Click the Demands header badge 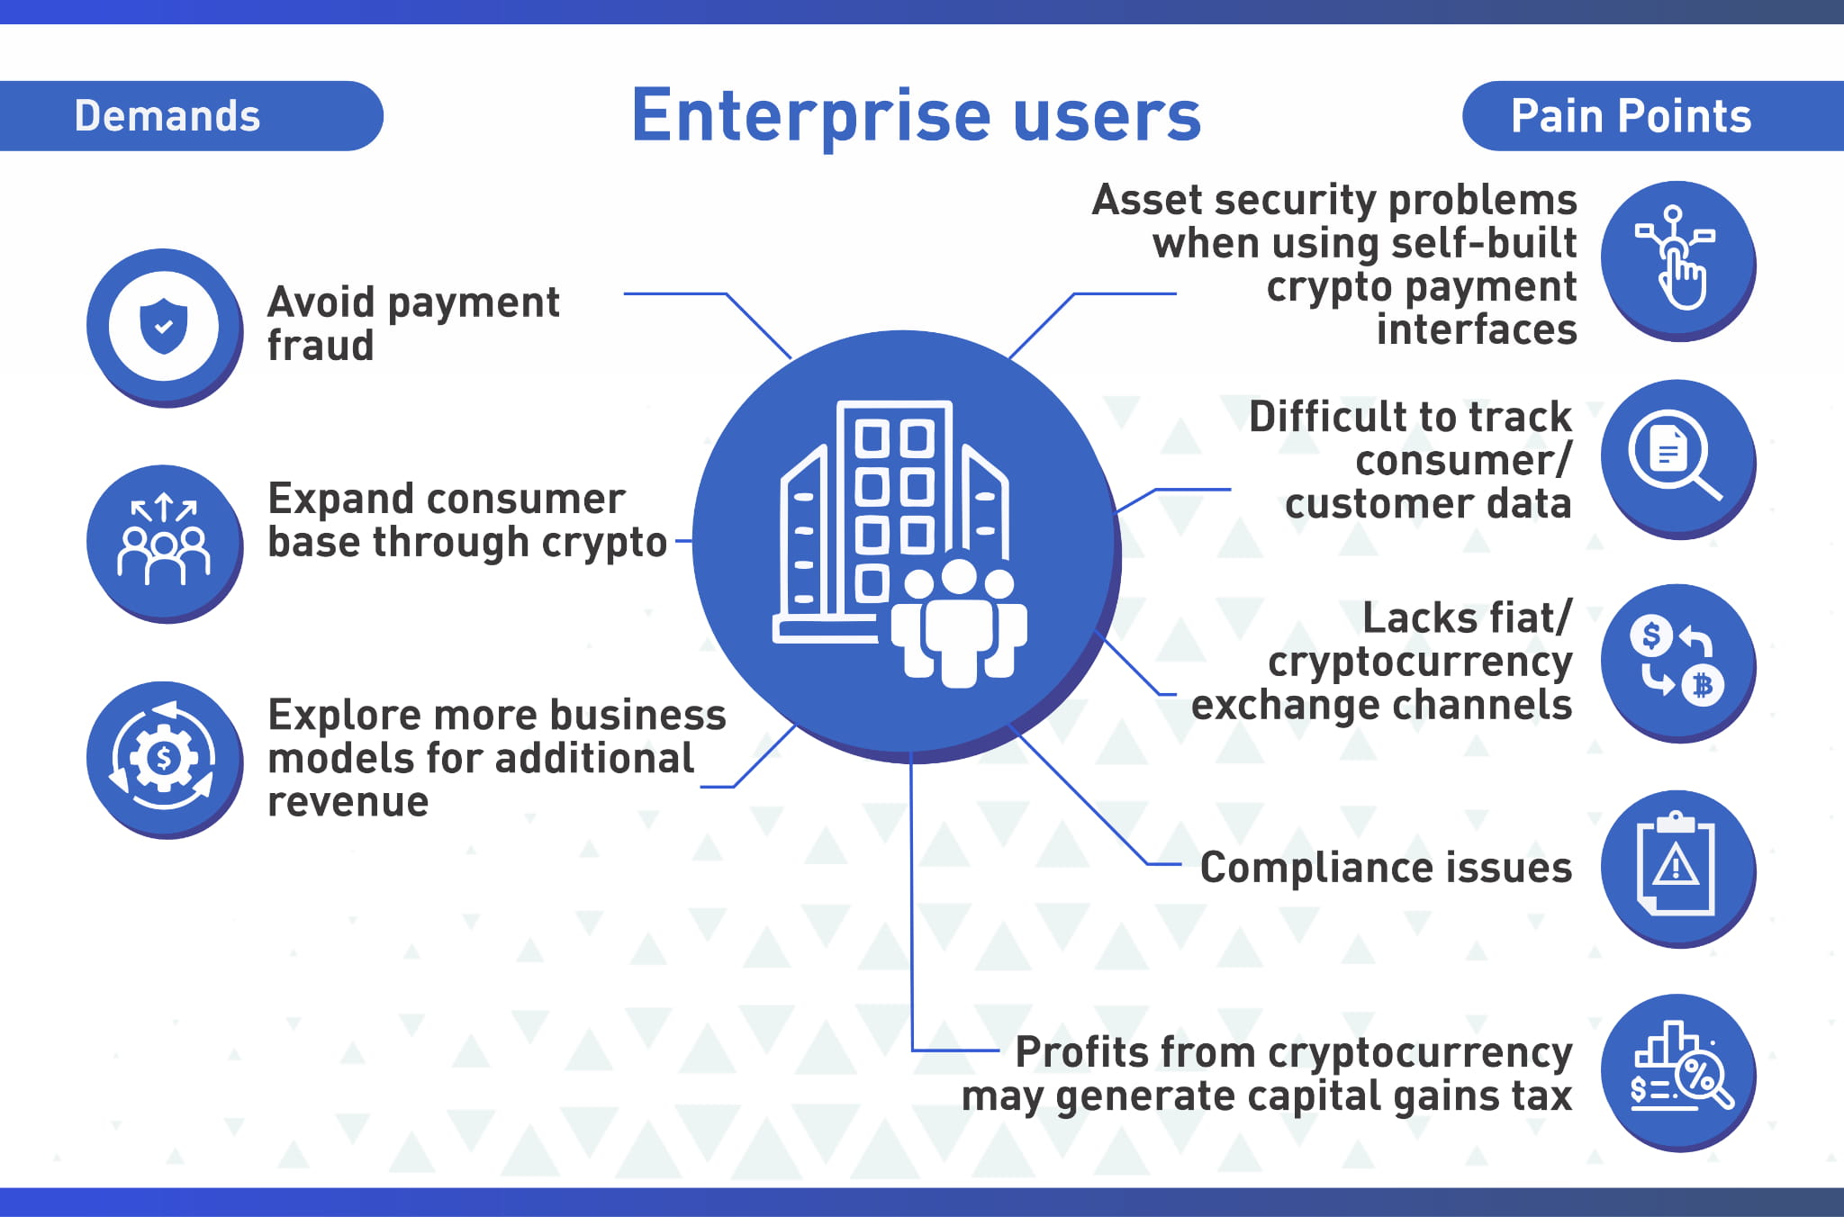click(168, 116)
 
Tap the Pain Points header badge click(1631, 116)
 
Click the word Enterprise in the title click(810, 116)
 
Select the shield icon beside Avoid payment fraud click(164, 326)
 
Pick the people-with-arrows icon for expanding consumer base click(164, 542)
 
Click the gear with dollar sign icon click(164, 758)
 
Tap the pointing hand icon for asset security click(1677, 260)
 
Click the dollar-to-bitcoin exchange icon click(1677, 662)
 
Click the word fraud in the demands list click(321, 346)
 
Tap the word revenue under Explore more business click(348, 801)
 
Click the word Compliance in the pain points click(1315, 868)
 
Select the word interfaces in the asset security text click(1477, 329)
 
